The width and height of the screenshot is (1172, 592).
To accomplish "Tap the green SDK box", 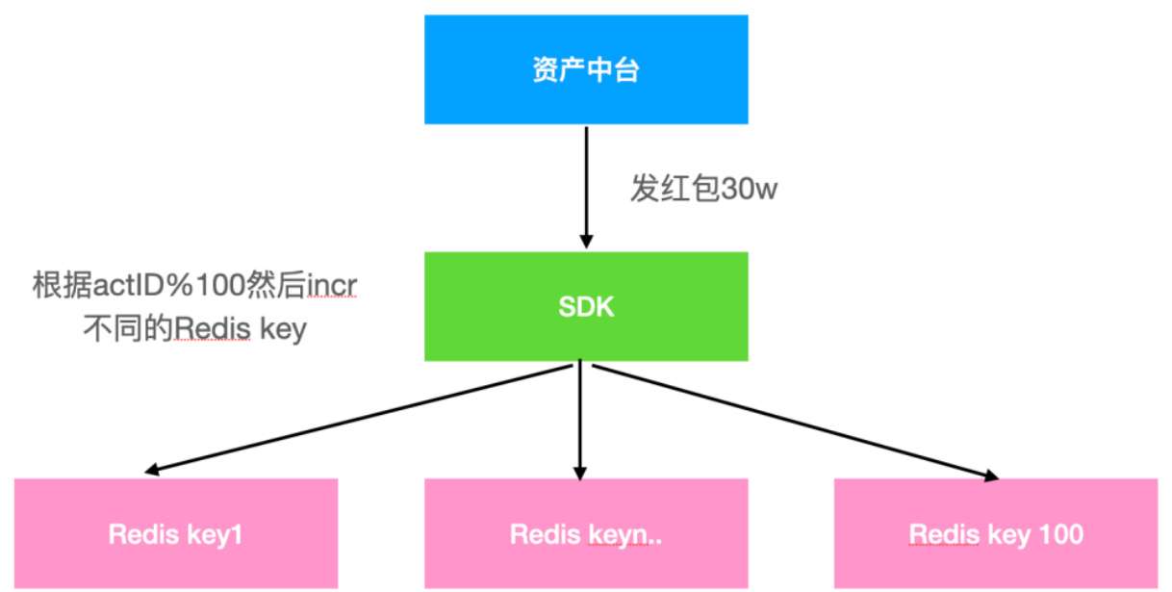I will (x=586, y=306).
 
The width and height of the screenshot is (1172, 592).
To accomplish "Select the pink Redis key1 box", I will (x=176, y=532).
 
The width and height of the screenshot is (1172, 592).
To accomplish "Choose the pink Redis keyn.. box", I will (x=586, y=532).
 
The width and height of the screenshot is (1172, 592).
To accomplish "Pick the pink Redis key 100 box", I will (x=996, y=532).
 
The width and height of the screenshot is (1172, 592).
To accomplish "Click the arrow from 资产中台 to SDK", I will (x=586, y=183).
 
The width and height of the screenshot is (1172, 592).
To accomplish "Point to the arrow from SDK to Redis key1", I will (x=366, y=416).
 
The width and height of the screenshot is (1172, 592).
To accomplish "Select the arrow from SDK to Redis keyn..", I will (x=579, y=419).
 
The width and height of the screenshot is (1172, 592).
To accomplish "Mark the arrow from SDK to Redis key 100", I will (x=789, y=419).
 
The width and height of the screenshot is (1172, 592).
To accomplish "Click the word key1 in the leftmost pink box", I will (x=217, y=532).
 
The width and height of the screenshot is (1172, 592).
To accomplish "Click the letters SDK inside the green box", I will (x=586, y=306).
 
